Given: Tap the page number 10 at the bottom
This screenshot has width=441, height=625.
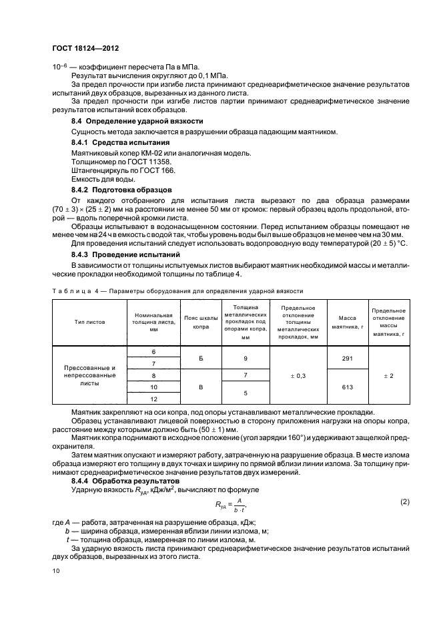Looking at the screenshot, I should click(x=56, y=571).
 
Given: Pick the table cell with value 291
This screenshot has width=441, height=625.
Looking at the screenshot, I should click(x=346, y=358).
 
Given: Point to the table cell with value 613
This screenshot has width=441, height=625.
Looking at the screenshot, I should click(x=346, y=387).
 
